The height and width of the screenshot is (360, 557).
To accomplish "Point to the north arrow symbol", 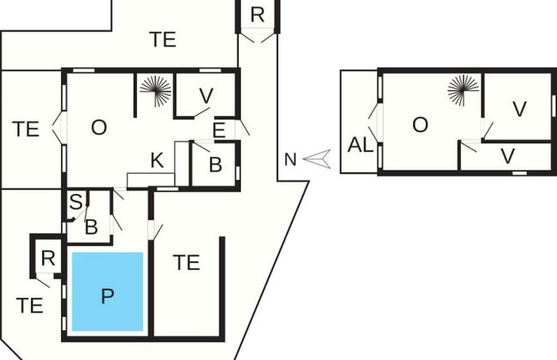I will click(x=316, y=158).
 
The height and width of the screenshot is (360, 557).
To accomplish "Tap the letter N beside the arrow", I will click(x=290, y=159).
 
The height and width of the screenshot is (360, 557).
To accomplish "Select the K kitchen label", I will click(x=157, y=159).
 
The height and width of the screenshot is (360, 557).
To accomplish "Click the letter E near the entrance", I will click(x=219, y=130).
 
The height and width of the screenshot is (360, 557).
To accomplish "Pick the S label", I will click(x=75, y=202).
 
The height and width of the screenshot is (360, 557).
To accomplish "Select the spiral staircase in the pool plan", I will click(x=155, y=90).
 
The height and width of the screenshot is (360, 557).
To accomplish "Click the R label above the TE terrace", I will click(x=257, y=15).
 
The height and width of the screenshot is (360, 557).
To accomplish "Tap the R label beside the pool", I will click(x=48, y=258).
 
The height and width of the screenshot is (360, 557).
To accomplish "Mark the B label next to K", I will click(x=214, y=165).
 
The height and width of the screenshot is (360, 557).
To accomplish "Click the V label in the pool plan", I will click(x=206, y=94).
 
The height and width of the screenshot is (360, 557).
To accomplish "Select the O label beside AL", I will click(x=420, y=125).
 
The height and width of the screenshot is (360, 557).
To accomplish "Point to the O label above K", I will click(x=99, y=127).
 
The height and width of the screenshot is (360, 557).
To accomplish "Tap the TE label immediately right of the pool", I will click(x=186, y=262).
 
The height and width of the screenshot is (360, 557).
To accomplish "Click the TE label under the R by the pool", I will click(x=30, y=304).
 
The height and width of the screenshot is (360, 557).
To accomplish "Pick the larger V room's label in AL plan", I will click(x=519, y=109).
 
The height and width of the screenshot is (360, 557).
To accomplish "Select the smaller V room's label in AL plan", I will click(x=507, y=156).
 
